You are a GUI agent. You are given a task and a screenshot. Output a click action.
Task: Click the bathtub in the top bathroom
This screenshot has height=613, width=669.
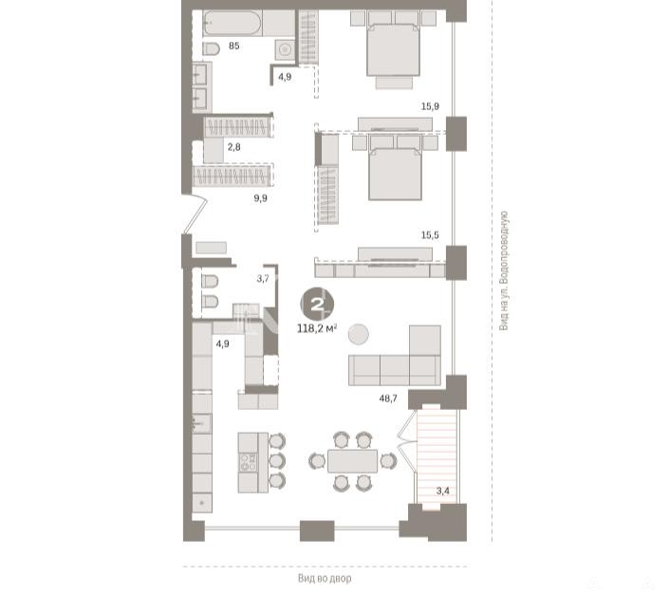(232, 23)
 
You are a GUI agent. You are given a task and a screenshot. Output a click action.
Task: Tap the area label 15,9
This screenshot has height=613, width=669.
(430, 106)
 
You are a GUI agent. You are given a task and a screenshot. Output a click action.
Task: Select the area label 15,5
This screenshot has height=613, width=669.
(430, 235)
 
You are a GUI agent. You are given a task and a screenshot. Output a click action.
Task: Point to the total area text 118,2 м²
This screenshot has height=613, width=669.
(317, 328)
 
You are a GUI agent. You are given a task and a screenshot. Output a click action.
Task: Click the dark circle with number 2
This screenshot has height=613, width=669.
(317, 305)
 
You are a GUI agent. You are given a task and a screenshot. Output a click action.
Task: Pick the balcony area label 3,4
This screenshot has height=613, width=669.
(443, 491)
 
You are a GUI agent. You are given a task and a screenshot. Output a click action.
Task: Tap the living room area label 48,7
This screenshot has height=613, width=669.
(388, 399)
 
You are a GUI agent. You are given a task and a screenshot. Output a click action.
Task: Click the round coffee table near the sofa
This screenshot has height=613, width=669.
(359, 334)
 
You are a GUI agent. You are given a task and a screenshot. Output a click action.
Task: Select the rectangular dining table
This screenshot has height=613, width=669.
(352, 461)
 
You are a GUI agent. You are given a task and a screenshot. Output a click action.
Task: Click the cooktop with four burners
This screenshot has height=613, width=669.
(249, 462)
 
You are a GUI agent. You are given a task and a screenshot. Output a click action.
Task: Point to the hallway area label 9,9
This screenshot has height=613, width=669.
(260, 198)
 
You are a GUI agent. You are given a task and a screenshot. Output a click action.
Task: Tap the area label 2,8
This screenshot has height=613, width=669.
(233, 147)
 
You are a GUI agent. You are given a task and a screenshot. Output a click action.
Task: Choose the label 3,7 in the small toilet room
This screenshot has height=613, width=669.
(263, 279)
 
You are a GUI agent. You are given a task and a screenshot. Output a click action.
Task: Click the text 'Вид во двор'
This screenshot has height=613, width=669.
(325, 579)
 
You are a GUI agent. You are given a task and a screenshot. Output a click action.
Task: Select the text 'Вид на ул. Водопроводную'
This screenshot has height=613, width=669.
(504, 270)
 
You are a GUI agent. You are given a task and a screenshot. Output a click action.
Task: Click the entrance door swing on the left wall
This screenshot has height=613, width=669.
(195, 214)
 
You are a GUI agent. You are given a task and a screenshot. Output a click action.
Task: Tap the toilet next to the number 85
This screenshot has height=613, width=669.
(211, 49)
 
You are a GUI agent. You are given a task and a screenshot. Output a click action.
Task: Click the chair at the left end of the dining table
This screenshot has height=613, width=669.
(317, 461)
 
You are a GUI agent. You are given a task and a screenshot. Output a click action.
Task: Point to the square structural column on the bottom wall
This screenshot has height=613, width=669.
(317, 530)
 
